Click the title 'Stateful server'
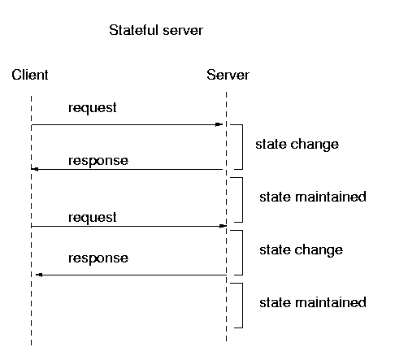pyautogui.click(x=156, y=30)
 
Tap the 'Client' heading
pyautogui.click(x=30, y=75)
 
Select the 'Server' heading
pyautogui.click(x=228, y=75)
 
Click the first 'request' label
pyautogui.click(x=93, y=108)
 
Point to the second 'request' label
pyautogui.click(x=93, y=218)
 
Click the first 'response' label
pyautogui.click(x=98, y=161)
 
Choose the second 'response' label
pyautogui.click(x=98, y=258)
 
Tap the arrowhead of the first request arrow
pyautogui.click(x=219, y=124)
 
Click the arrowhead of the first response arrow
pyautogui.click(x=35, y=169)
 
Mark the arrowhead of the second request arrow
pyautogui.click(x=223, y=226)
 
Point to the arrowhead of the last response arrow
pyautogui.click(x=39, y=275)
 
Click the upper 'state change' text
pyautogui.click(x=297, y=145)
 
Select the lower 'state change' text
pyautogui.click(x=301, y=250)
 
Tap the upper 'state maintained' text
pyautogui.click(x=313, y=197)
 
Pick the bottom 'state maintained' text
pyautogui.click(x=313, y=302)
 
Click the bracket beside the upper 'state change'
pyautogui.click(x=242, y=147)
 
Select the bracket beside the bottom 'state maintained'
pyautogui.click(x=242, y=306)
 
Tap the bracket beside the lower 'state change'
pyautogui.click(x=242, y=253)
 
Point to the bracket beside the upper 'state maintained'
pyautogui.click(x=242, y=200)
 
